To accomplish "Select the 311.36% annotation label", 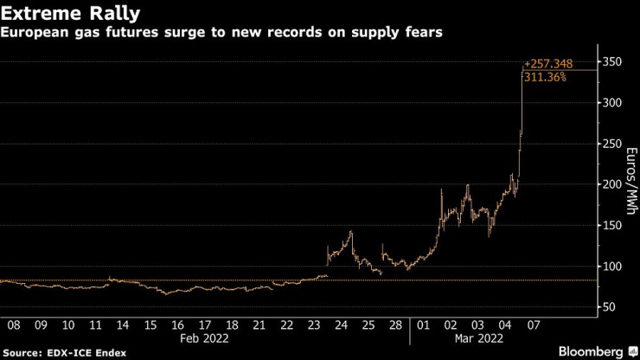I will tap(545, 77).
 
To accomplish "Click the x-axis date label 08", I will tap(14, 326).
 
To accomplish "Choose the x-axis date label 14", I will tap(124, 326).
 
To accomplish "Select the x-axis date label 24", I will tap(342, 326).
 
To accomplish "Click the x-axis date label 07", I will tap(534, 326).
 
